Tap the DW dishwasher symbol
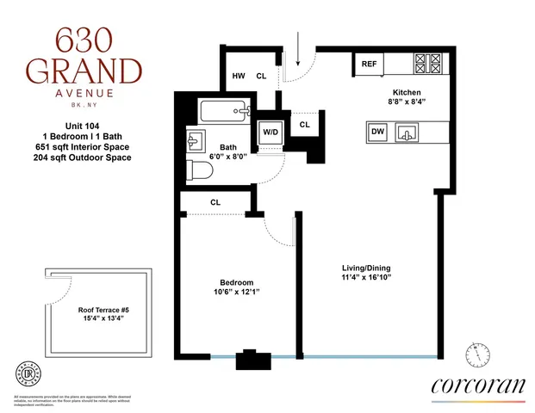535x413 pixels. pyautogui.click(x=377, y=132)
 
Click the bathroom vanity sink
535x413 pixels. pyautogui.click(x=194, y=139)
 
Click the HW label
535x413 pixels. pyautogui.click(x=239, y=77)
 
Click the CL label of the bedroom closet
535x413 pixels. pyautogui.click(x=215, y=203)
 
